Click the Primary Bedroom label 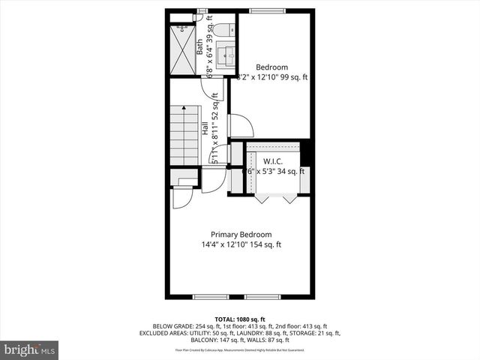pyautogui.click(x=241, y=234)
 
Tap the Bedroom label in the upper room pyautogui.click(x=271, y=67)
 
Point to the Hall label pyautogui.click(x=205, y=128)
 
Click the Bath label pyautogui.click(x=199, y=48)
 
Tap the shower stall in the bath pyautogui.click(x=182, y=49)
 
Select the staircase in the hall pyautogui.click(x=184, y=135)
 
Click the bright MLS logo pyautogui.click(x=29, y=349)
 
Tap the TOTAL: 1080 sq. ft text pyautogui.click(x=240, y=319)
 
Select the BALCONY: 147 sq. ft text pyautogui.click(x=180, y=340)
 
